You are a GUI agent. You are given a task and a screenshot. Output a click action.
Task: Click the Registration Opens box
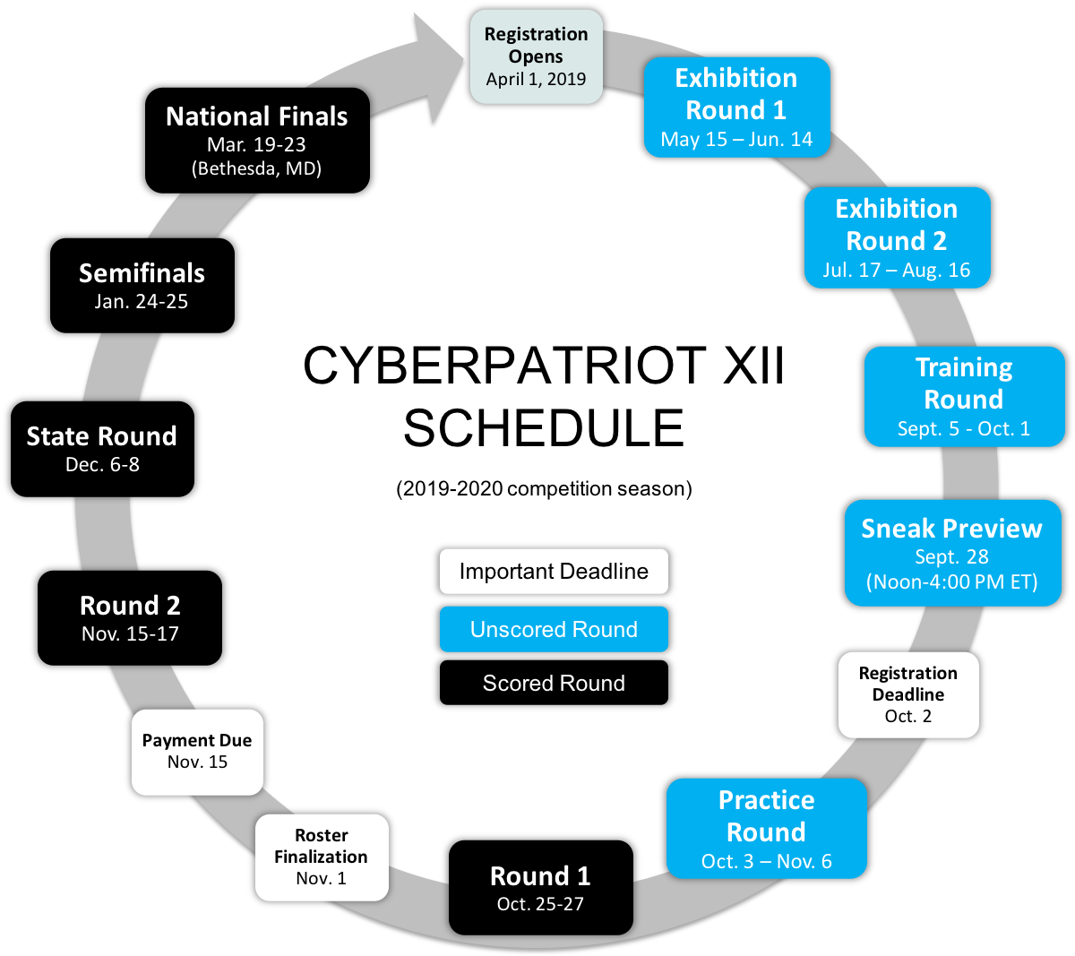point(536,56)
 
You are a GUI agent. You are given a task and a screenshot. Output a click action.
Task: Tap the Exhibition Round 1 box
point(736,108)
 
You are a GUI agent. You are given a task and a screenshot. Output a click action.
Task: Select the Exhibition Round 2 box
point(897,237)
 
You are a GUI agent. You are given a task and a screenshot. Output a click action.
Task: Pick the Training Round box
point(964,396)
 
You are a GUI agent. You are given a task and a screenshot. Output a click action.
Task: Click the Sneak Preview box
point(952,553)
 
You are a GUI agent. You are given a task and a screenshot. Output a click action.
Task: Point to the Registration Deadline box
point(907,694)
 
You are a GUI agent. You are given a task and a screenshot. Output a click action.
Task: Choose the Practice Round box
point(766,829)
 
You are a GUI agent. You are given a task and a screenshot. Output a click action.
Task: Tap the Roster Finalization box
point(322,857)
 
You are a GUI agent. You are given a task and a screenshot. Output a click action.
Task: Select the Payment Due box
point(197,752)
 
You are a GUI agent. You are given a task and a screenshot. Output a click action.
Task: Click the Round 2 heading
point(130,606)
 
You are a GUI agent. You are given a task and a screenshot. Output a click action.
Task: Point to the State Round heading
point(102,436)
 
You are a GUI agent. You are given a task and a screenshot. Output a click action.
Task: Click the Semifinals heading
point(142,273)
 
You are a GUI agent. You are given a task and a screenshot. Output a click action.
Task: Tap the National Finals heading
point(257,116)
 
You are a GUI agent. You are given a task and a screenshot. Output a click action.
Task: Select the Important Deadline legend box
point(554,572)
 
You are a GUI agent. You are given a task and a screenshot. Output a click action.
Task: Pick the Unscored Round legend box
point(554,629)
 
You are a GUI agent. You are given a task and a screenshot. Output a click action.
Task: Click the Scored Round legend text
point(554,684)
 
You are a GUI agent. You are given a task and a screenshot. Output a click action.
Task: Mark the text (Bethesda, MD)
point(256,168)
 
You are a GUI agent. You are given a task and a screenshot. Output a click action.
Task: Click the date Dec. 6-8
point(102,465)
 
